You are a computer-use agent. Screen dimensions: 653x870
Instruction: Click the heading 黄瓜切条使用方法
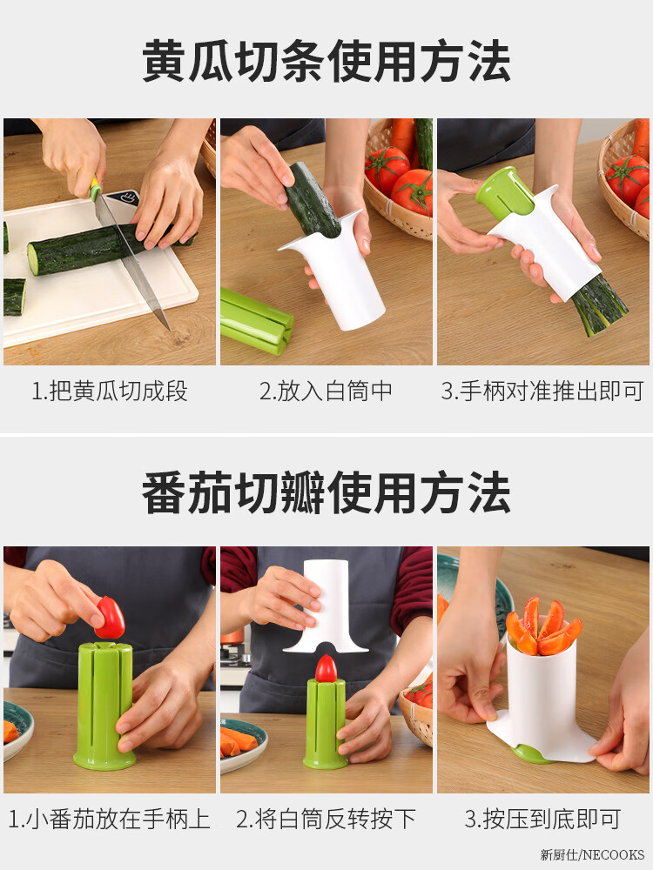click(326, 61)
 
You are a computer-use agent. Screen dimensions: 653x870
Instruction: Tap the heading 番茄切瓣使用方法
click(326, 492)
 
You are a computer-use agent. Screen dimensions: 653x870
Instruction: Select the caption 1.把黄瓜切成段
click(110, 391)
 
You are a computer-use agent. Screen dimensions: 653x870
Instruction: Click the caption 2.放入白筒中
click(326, 391)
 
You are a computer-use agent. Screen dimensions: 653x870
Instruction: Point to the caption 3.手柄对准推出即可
click(542, 391)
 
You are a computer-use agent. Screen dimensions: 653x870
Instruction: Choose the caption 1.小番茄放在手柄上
click(110, 820)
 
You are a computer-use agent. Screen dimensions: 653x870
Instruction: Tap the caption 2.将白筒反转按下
click(326, 820)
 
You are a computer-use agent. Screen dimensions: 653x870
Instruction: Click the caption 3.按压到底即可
click(542, 820)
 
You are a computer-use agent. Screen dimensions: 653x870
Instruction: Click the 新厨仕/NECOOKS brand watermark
click(592, 854)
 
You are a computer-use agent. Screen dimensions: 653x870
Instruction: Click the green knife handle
click(96, 187)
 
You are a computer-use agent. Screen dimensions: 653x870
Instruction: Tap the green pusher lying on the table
click(256, 321)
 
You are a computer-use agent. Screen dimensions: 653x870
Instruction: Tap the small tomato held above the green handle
click(110, 618)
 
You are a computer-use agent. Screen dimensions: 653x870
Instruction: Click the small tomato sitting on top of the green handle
click(326, 668)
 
